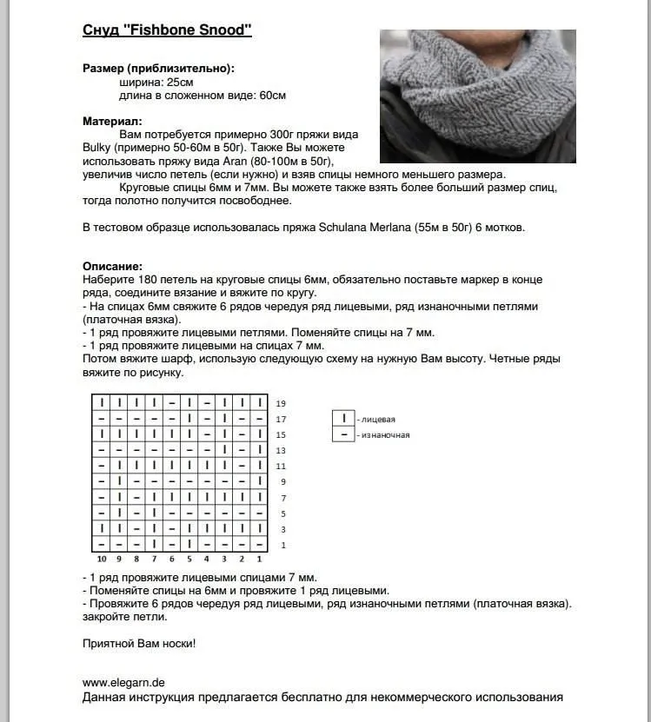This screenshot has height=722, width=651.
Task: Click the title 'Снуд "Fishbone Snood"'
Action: click(167, 31)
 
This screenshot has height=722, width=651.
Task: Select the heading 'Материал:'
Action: click(112, 122)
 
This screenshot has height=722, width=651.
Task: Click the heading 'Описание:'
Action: click(112, 266)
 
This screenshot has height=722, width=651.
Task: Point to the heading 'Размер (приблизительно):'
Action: click(158, 68)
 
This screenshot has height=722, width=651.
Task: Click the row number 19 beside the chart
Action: click(281, 404)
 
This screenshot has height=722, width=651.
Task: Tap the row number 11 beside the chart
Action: click(281, 467)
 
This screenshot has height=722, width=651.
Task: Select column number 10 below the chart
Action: click(102, 559)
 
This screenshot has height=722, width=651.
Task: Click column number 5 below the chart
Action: click(189, 559)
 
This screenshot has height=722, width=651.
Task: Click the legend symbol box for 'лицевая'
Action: click(344, 419)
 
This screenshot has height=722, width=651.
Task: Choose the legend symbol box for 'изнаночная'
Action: click(344, 434)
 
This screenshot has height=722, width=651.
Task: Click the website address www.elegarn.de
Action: click(124, 683)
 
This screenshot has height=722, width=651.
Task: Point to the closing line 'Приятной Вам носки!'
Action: click(139, 644)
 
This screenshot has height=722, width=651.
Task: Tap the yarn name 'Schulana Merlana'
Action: click(340, 228)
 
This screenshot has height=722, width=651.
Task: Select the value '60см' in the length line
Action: click(272, 95)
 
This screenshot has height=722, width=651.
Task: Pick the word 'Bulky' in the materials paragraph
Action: click(98, 148)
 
